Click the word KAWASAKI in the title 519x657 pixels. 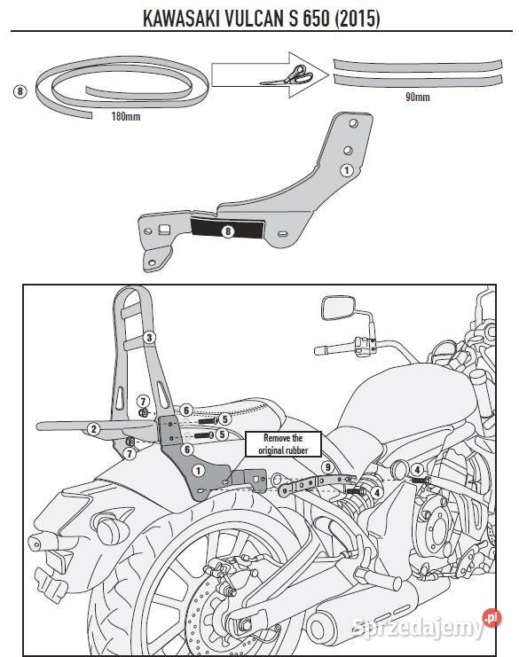(185, 19)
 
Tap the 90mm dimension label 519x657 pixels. (416, 97)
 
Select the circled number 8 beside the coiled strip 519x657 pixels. (20, 90)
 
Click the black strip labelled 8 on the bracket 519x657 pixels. (227, 231)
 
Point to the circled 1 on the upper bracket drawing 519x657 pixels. (347, 168)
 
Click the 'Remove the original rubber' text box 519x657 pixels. (284, 443)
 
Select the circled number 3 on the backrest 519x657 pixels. (149, 337)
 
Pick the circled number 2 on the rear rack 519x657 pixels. (92, 428)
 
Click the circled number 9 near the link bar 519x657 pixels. (327, 467)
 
